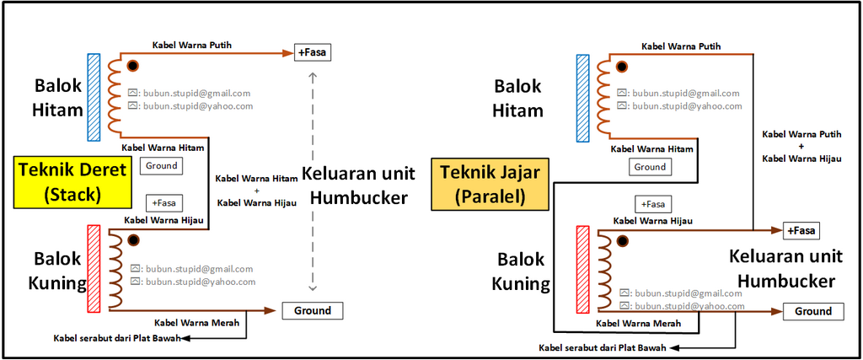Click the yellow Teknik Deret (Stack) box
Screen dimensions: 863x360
72,183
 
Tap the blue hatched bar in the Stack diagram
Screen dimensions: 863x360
94,97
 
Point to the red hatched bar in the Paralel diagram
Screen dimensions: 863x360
583,269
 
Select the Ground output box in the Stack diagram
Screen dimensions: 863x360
313,310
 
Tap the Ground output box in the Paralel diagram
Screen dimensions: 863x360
813,312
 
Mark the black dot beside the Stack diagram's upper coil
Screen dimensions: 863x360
132,66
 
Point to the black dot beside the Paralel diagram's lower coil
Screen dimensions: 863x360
623,240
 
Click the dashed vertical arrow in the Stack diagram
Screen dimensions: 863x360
313,181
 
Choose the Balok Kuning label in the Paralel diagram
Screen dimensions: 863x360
521,271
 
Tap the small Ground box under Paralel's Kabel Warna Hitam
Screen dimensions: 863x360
650,167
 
